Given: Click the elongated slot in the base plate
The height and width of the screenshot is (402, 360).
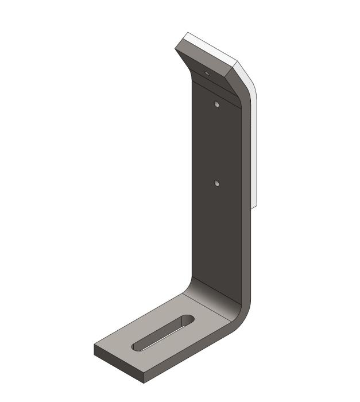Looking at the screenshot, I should tap(163, 333).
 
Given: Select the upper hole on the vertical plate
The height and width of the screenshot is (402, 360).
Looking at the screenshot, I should tap(216, 105).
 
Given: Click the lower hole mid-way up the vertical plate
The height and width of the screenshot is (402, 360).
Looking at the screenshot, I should tap(216, 183).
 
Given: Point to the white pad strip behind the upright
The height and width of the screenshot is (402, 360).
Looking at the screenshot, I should tap(256, 149).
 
